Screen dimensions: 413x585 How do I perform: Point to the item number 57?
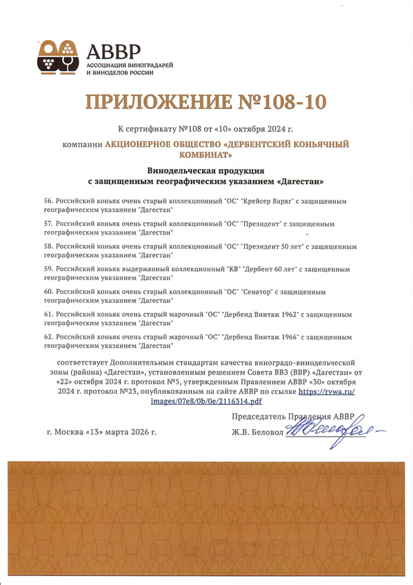point(48,224)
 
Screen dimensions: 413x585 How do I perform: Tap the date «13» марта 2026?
point(123,433)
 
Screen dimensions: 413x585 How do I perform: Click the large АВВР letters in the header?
point(114,50)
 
